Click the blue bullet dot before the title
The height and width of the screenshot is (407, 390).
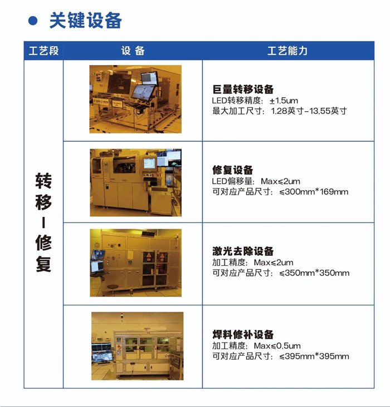pos(33,21)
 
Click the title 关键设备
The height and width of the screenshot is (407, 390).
pos(86,20)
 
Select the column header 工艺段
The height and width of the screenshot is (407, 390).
pos(43,51)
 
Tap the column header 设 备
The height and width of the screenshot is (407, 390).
pos(133,51)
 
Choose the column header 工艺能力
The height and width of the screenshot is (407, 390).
pos(287,51)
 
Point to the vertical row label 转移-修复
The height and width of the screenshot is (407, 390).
pos(43,222)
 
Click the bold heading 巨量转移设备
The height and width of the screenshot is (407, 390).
pos(243,90)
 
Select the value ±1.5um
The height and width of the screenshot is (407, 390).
pos(284,101)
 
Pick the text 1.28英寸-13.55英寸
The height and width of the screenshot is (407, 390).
pos(309,111)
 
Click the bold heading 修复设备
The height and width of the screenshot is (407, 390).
pos(232,170)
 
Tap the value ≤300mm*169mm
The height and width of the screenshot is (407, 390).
pos(314,192)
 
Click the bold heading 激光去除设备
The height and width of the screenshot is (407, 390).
pos(243,251)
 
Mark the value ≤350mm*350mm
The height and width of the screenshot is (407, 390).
pos(314,273)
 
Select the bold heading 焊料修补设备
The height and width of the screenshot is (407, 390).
pos(243,334)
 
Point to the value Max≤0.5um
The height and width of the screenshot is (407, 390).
pos(277,346)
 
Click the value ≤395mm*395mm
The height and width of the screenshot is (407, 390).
pos(314,356)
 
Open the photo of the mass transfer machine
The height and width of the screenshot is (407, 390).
pos(135,99)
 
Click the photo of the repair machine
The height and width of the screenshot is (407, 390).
pos(136,183)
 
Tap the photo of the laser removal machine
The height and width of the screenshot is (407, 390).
pos(136,263)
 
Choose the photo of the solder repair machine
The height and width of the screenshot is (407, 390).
pos(138,346)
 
